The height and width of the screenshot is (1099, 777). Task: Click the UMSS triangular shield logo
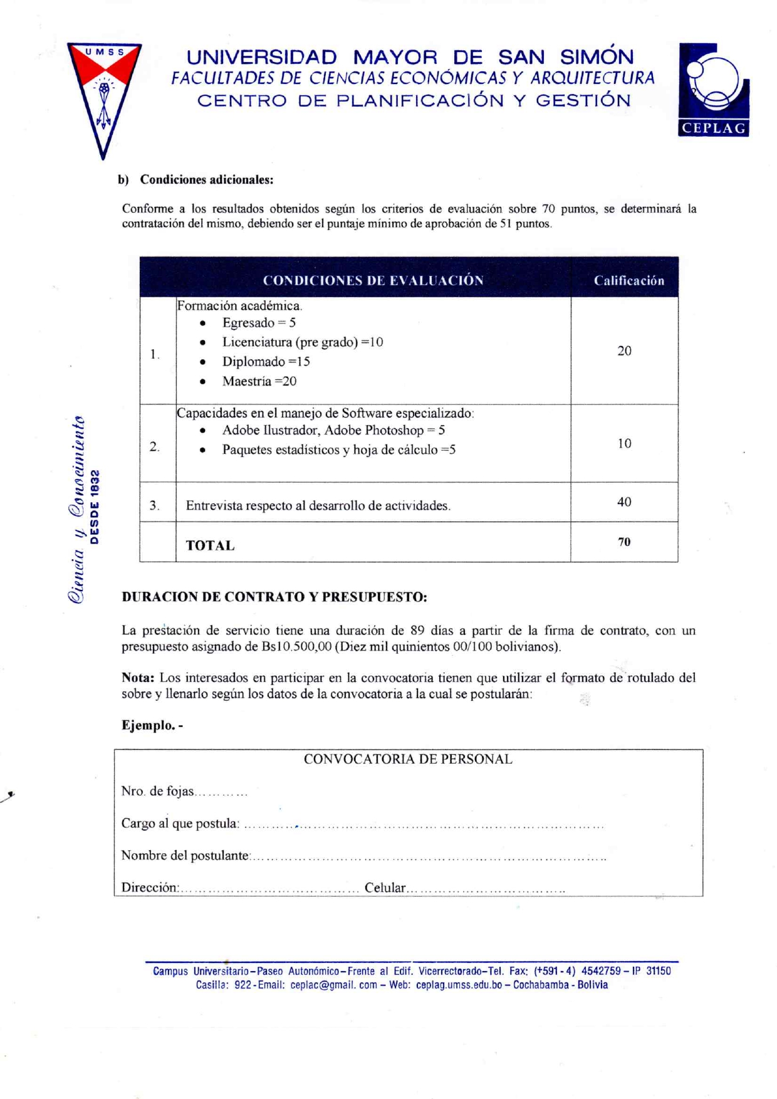104,94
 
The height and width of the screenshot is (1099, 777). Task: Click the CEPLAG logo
713,90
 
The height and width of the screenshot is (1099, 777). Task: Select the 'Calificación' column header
628,280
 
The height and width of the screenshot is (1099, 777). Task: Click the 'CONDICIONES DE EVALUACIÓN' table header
373,280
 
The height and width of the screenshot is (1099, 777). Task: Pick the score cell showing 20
624,351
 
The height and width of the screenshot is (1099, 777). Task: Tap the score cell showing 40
624,502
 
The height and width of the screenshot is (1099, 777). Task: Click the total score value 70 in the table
624,542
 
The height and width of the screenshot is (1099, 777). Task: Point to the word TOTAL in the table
210,545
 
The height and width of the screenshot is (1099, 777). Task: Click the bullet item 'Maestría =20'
259,381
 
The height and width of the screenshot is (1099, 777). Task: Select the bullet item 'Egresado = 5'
259,323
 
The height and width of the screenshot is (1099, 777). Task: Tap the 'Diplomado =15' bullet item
266,362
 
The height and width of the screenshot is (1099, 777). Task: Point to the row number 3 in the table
154,505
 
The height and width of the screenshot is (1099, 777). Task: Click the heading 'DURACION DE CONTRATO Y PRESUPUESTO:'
274,597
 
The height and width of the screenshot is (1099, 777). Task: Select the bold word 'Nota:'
138,678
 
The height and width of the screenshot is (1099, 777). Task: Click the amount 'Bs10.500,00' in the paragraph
296,646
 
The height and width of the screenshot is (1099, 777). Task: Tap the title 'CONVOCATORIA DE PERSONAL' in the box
408,759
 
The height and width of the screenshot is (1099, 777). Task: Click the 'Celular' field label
385,888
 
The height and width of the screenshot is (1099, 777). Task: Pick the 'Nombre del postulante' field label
185,856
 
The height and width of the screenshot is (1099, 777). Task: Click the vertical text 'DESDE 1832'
95,507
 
